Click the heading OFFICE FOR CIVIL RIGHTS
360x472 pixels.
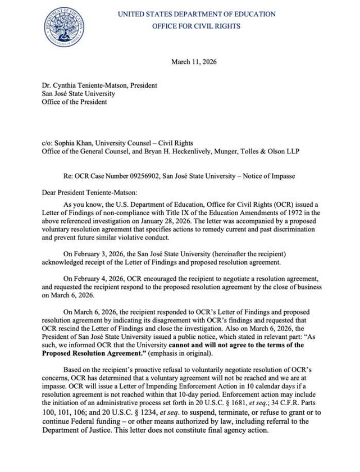click(196, 26)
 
